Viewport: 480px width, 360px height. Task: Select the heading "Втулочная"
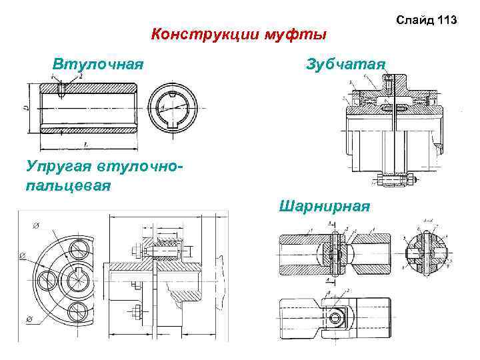click(x=99, y=65)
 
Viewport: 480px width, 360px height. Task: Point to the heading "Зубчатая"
click(x=345, y=65)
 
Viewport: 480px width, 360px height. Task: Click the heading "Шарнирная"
click(x=325, y=205)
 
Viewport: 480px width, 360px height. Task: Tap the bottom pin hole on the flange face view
click(x=77, y=311)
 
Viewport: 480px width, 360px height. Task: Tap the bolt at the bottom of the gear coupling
click(x=395, y=178)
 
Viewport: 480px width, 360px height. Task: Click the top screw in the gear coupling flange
click(x=389, y=83)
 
